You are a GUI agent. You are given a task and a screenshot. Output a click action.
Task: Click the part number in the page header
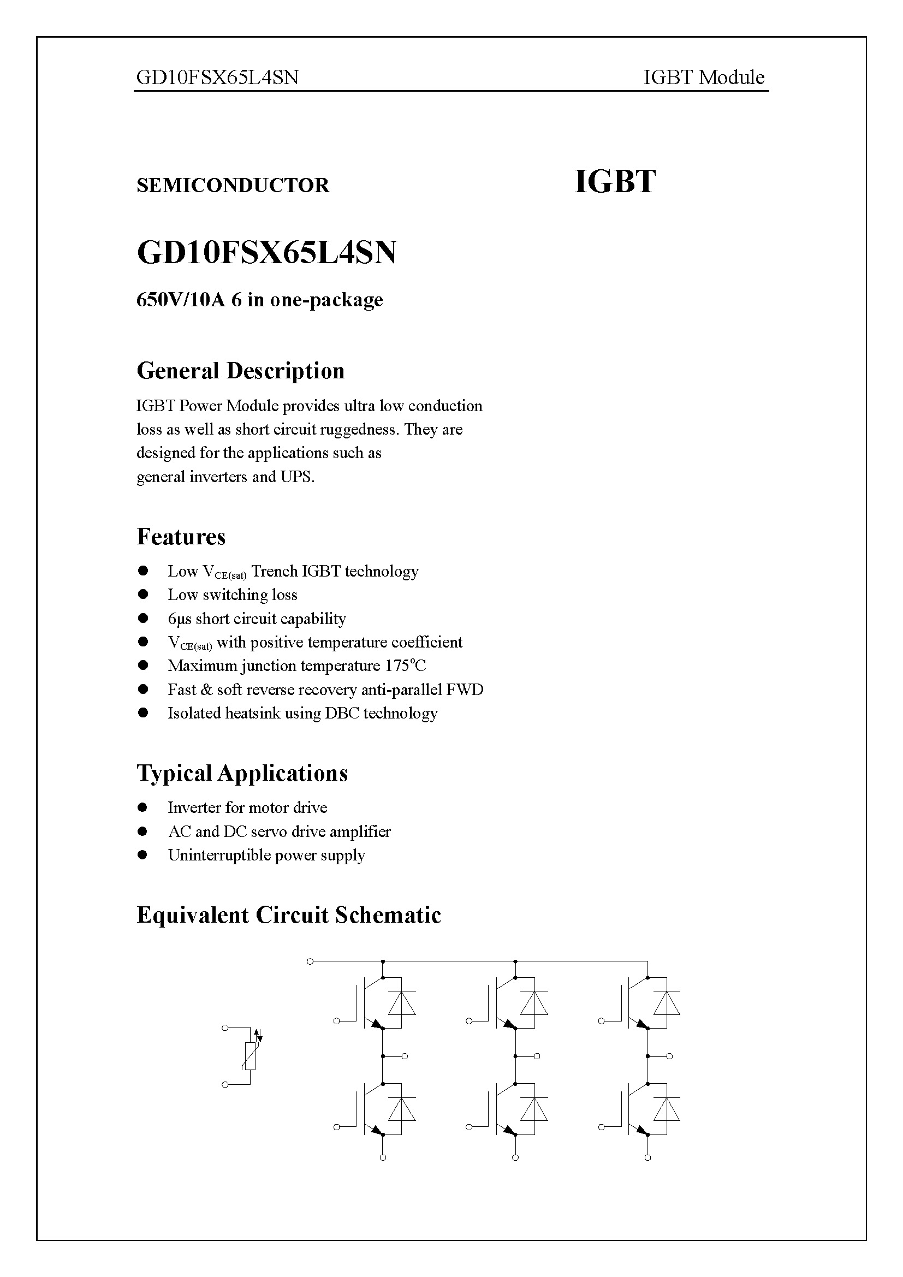[217, 78]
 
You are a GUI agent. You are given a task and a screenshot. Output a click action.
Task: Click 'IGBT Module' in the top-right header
[703, 78]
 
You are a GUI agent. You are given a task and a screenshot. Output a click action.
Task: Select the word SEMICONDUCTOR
[233, 185]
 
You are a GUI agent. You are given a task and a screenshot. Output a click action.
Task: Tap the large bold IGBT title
[614, 182]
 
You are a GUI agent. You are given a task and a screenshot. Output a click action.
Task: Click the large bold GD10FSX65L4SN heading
[266, 253]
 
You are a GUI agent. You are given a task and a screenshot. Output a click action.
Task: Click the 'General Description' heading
[240, 371]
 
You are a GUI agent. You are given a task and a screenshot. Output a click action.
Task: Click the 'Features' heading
[181, 537]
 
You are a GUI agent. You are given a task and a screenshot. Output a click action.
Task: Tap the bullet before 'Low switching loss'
[143, 595]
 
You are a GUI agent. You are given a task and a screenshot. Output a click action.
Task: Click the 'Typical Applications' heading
[242, 773]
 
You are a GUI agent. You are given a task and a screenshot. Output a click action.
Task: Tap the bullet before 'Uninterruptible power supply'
[143, 855]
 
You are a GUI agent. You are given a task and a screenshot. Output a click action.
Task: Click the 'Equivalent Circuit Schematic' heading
[289, 915]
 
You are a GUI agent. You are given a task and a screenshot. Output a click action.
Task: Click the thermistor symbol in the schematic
[250, 1056]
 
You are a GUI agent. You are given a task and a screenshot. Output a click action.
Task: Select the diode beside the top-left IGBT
[401, 1004]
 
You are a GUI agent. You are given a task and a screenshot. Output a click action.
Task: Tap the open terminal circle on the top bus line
[310, 961]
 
